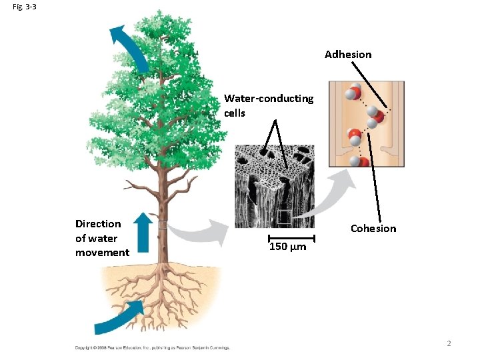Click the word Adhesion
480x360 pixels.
(348, 55)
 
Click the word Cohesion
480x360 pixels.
(373, 229)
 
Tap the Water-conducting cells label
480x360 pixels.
(269, 105)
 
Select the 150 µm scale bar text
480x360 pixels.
(287, 247)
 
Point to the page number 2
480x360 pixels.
(449, 343)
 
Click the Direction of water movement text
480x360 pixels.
(101, 238)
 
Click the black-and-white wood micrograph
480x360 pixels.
(274, 187)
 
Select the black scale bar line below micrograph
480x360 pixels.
(291, 237)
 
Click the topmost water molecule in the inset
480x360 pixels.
(353, 93)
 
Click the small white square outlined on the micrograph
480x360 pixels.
(285, 215)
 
